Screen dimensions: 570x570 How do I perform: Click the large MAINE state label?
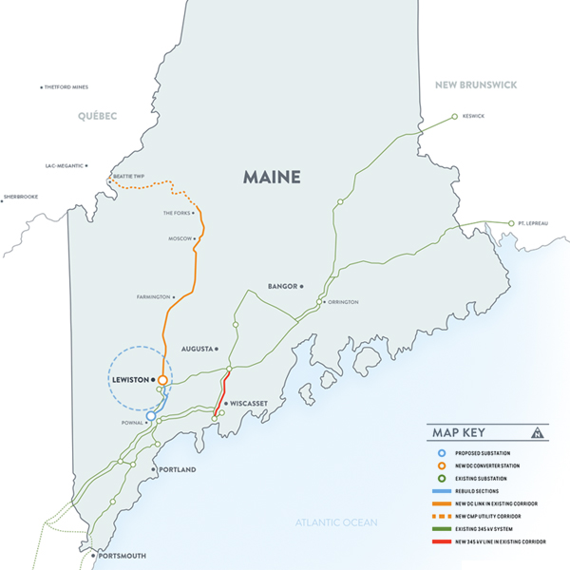pyautogui.click(x=271, y=177)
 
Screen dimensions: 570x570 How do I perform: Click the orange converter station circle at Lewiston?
pyautogui.click(x=162, y=380)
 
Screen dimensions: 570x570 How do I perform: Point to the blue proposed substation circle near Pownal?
pyautogui.click(x=150, y=415)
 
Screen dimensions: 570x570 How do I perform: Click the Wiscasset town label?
pyautogui.click(x=247, y=403)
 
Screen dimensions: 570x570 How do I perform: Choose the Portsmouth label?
pyautogui.click(x=121, y=555)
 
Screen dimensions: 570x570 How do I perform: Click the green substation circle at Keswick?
pyautogui.click(x=454, y=116)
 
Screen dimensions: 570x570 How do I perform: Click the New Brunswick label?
pyautogui.click(x=475, y=85)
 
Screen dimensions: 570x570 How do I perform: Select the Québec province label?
pyautogui.click(x=97, y=116)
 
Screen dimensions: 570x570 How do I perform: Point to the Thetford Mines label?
pyautogui.click(x=66, y=87)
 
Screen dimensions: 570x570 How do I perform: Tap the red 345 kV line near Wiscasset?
pyautogui.click(x=223, y=389)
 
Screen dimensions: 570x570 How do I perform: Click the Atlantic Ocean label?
pyautogui.click(x=335, y=522)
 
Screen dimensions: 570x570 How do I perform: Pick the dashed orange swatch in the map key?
pyautogui.click(x=443, y=515)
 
